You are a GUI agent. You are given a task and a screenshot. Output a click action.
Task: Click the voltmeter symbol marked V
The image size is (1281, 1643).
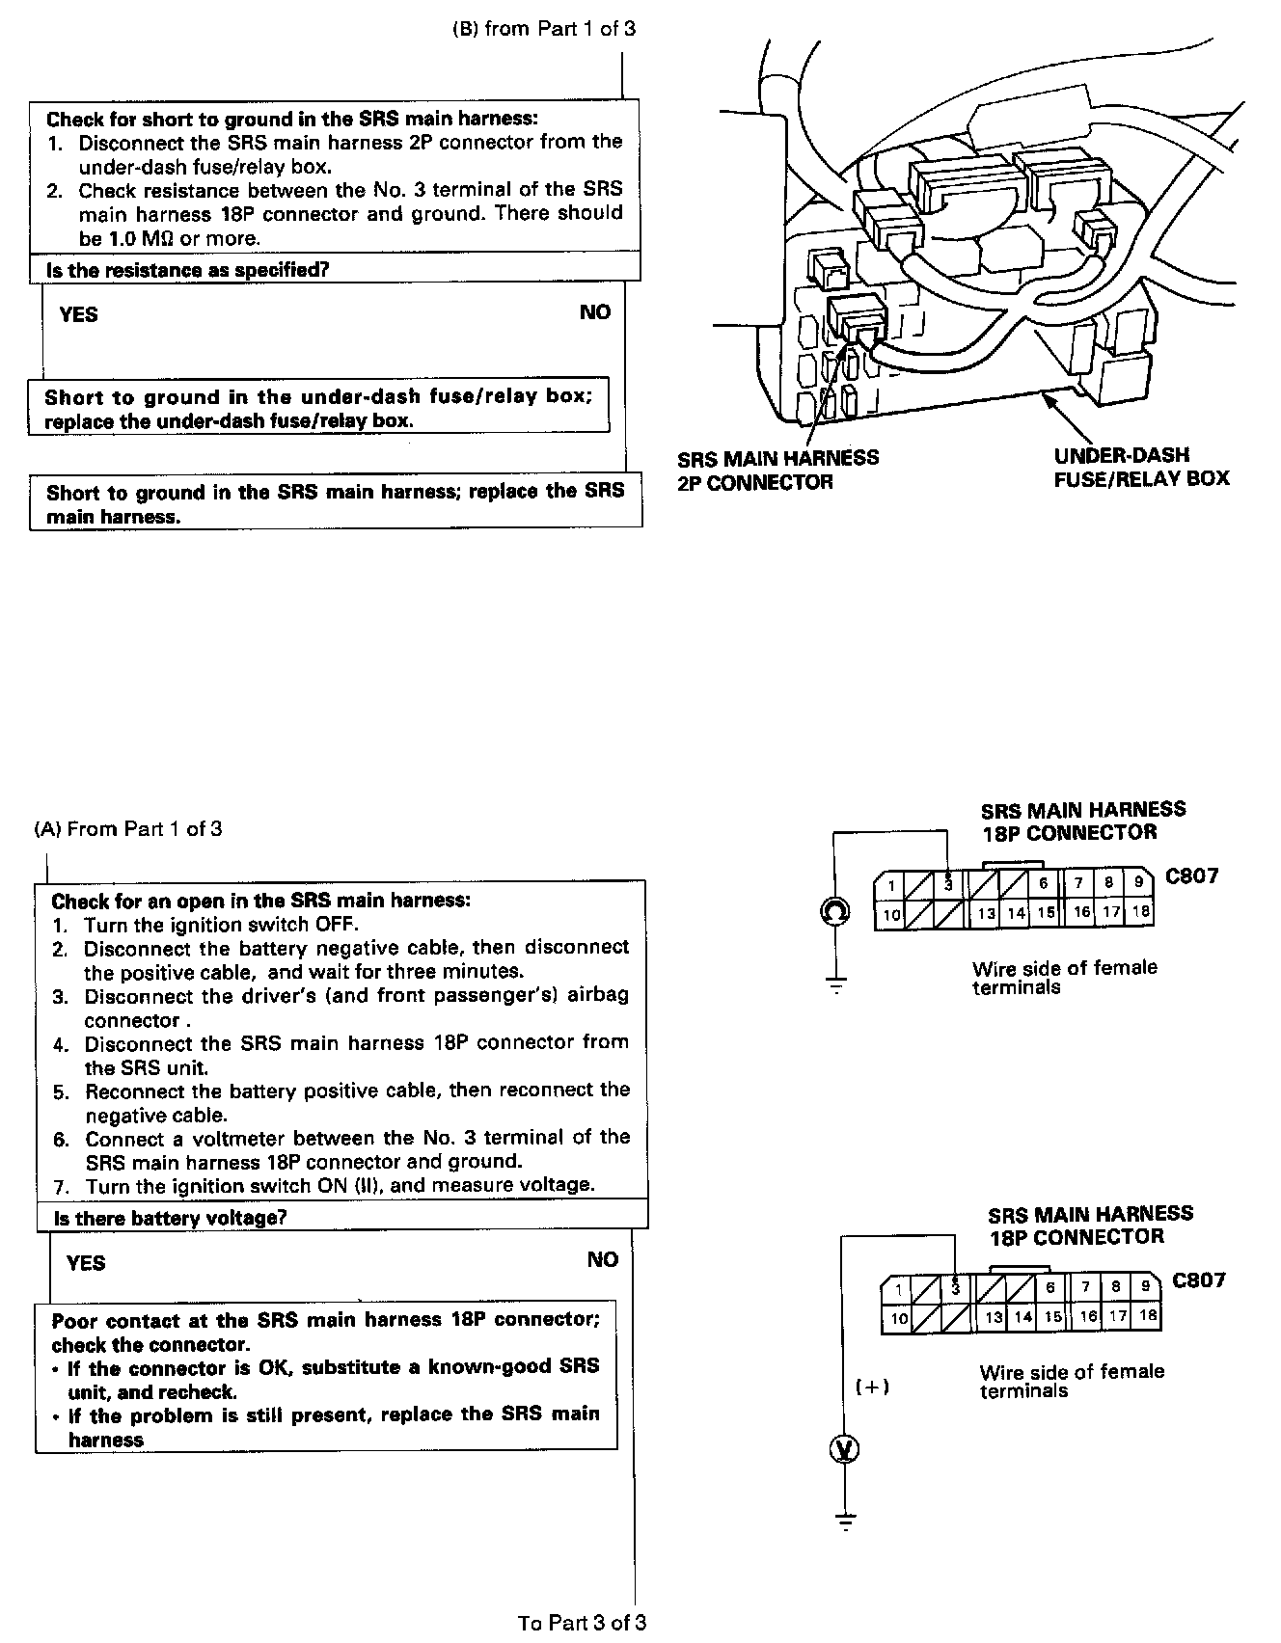click(845, 1449)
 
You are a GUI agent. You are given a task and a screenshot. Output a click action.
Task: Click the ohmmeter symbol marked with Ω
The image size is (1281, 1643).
click(834, 909)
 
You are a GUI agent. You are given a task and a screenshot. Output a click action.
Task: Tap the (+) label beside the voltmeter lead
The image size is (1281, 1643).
click(872, 1387)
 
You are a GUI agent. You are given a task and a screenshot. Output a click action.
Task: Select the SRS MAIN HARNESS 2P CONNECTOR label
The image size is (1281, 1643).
click(777, 470)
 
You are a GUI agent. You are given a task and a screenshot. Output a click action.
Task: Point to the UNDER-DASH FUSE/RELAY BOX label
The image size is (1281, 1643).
click(1141, 467)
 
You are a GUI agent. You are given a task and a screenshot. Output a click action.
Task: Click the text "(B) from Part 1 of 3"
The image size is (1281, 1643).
click(544, 29)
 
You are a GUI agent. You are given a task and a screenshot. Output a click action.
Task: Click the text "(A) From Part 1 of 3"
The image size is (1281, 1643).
click(128, 829)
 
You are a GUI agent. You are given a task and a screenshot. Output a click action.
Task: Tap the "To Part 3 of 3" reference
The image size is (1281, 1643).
click(582, 1623)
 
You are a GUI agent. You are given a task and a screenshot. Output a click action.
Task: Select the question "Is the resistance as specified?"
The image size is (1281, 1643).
click(188, 270)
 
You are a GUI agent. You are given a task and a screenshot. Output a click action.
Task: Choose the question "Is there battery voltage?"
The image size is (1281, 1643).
click(171, 1218)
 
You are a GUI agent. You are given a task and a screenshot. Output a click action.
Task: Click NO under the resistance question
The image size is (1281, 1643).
click(595, 312)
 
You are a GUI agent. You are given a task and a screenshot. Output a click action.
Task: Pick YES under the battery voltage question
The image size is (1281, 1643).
click(86, 1262)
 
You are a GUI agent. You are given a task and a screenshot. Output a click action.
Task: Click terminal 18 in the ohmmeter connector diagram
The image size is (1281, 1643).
click(1141, 911)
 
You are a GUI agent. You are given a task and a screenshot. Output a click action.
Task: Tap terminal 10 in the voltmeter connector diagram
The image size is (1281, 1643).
click(899, 1318)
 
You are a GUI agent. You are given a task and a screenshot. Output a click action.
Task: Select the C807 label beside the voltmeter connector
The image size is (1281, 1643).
click(1199, 1280)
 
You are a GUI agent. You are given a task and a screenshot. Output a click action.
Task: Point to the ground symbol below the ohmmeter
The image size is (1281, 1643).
click(835, 984)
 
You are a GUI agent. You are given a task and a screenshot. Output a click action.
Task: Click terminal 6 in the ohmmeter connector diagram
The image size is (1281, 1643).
click(1044, 883)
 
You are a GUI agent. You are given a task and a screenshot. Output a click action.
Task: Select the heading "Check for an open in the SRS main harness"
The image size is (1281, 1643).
click(261, 901)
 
